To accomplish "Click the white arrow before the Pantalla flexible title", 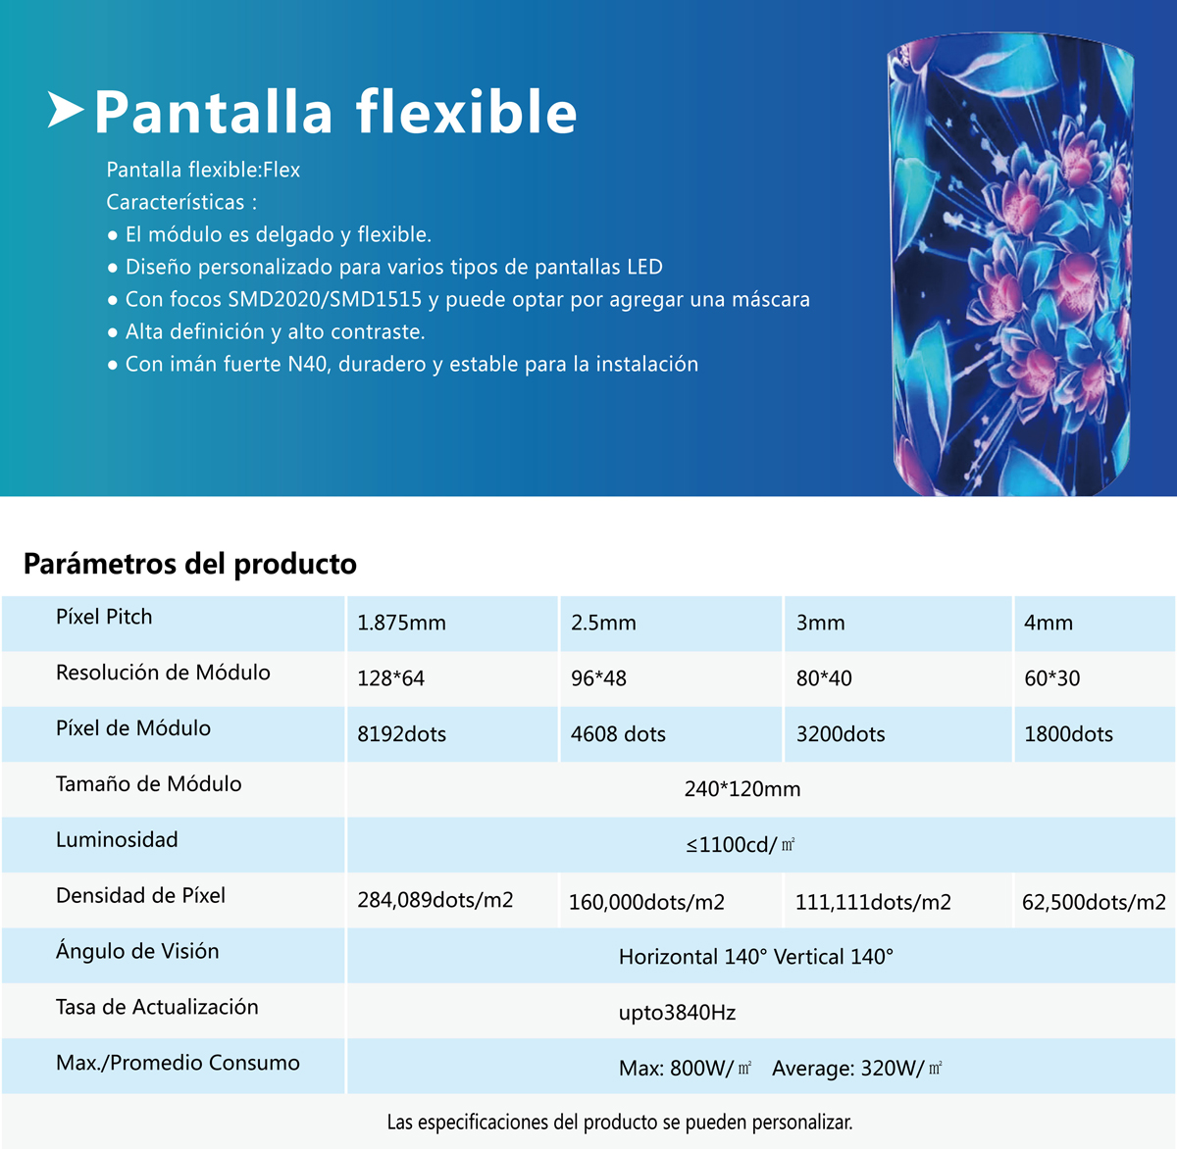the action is tap(66, 110).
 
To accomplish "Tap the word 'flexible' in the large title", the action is tap(466, 113).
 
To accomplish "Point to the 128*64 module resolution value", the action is tap(390, 678).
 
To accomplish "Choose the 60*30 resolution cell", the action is tap(1051, 678).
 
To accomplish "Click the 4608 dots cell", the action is tap(618, 733).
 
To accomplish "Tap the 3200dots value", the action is tap(841, 733).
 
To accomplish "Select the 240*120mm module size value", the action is tap(742, 789).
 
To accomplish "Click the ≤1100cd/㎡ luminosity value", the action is tap(741, 844).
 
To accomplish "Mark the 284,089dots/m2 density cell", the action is tap(435, 900).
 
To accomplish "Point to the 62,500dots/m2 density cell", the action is tap(1094, 902).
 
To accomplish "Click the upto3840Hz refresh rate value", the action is tap(677, 1013).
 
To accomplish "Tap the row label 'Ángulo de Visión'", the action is tap(137, 950).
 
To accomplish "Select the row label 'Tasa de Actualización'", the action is tap(157, 1007).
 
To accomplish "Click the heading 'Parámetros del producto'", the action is tap(190, 564).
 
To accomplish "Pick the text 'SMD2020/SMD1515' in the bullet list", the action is tap(325, 299).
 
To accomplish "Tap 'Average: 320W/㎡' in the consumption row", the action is tap(857, 1069).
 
